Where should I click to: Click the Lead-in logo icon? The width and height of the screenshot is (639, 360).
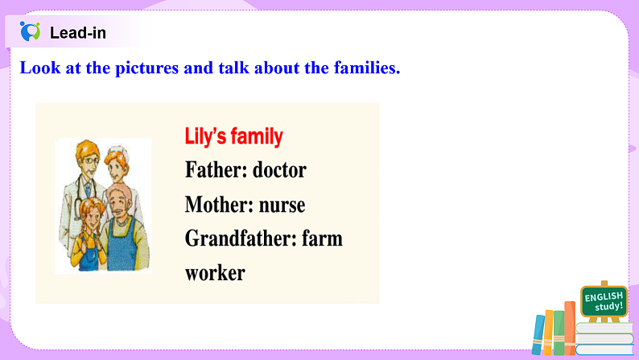click(31, 32)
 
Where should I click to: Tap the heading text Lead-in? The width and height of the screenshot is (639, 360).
click(77, 33)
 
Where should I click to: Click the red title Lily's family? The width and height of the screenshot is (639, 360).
click(233, 137)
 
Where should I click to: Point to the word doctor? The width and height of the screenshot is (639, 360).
click(279, 171)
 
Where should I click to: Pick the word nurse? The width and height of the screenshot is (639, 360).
click(282, 205)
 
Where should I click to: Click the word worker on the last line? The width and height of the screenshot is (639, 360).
click(215, 273)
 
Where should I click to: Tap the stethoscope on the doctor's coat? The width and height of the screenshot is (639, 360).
click(79, 193)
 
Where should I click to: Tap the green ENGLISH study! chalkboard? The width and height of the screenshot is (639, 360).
click(604, 301)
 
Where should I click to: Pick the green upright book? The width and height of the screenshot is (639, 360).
click(559, 333)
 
